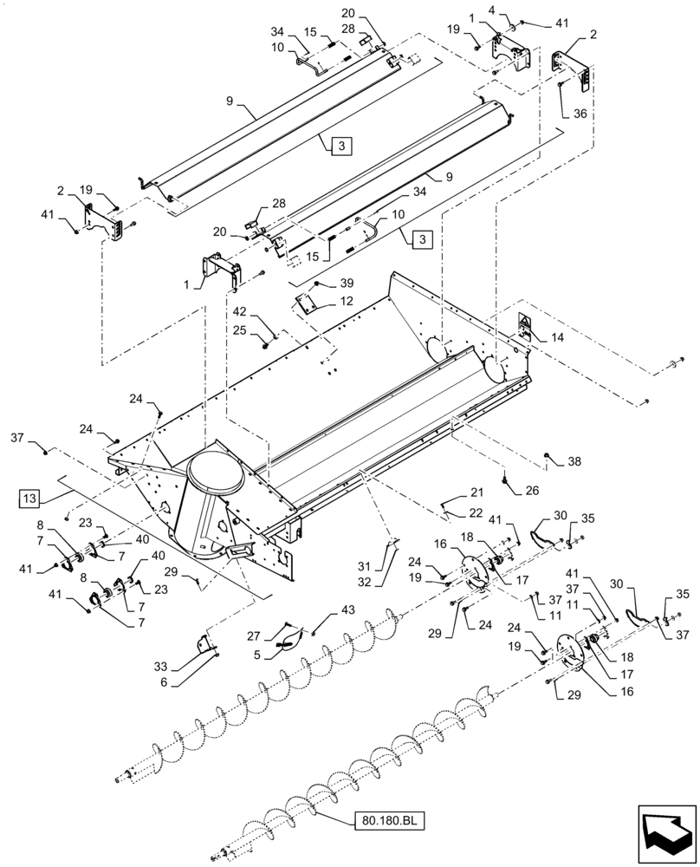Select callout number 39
(x=347, y=284)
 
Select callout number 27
(x=254, y=635)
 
